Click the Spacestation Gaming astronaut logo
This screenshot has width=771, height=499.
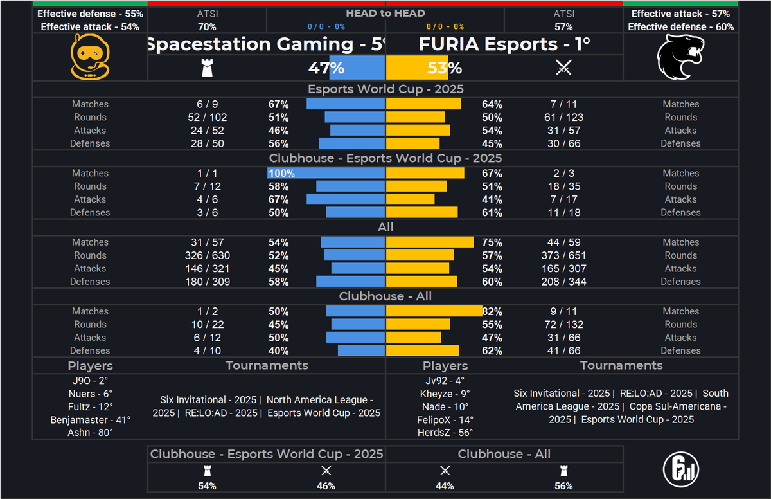pyautogui.click(x=90, y=57)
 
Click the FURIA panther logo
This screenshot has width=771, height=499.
pyautogui.click(x=680, y=57)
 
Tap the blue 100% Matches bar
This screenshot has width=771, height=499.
pyautogui.click(x=326, y=173)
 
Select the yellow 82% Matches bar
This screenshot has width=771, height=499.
pyautogui.click(x=434, y=311)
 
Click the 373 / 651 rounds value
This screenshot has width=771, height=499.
pyautogui.click(x=563, y=255)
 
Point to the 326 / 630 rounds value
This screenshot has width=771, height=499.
pyautogui.click(x=207, y=255)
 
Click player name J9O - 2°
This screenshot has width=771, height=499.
pyautogui.click(x=90, y=380)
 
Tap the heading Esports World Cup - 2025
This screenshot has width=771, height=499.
pyautogui.click(x=385, y=89)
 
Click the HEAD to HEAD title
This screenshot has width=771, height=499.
pyautogui.click(x=385, y=13)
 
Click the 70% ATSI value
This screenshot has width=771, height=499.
pyautogui.click(x=207, y=27)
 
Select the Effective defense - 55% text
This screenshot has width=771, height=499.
pyautogui.click(x=90, y=14)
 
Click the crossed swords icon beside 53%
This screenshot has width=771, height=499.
pyautogui.click(x=563, y=68)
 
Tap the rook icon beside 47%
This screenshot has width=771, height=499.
pyautogui.click(x=207, y=68)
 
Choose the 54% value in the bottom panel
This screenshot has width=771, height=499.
pyautogui.click(x=207, y=486)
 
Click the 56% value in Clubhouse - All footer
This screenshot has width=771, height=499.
pyautogui.click(x=563, y=486)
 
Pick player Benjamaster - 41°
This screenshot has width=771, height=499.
pyautogui.click(x=90, y=420)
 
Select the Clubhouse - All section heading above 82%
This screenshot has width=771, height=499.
pyautogui.click(x=385, y=296)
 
